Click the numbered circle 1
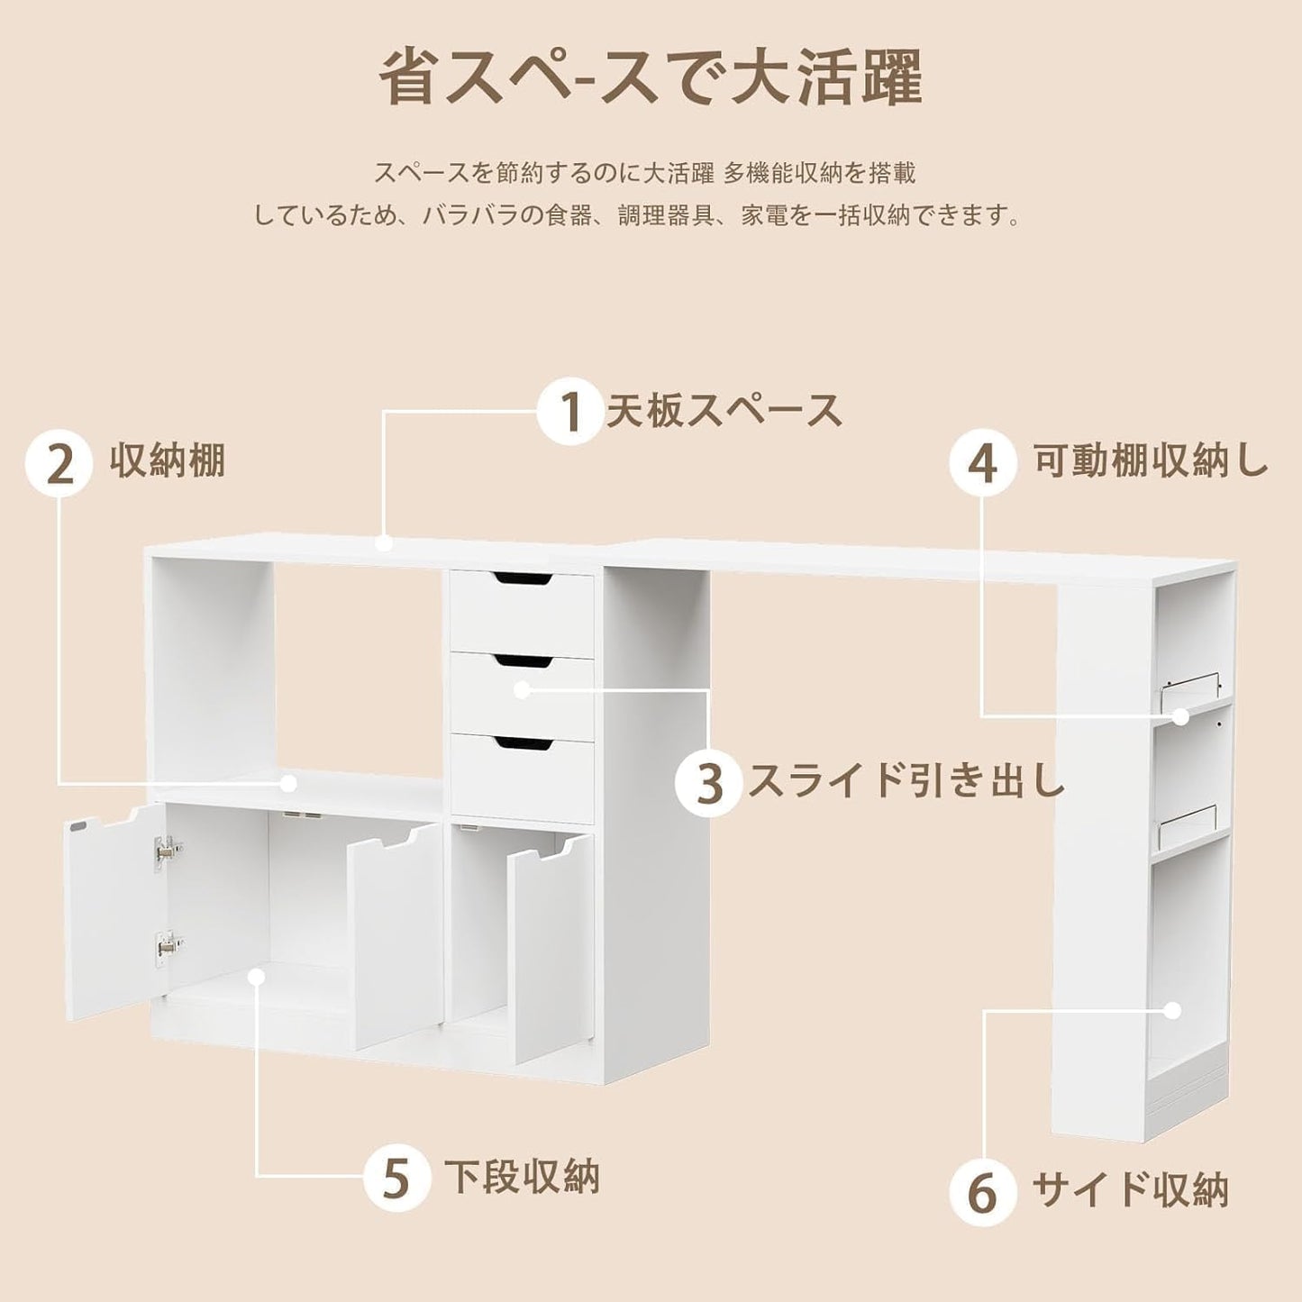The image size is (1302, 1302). point(570,411)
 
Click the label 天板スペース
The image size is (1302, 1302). point(724,409)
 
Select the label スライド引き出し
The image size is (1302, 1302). point(906,782)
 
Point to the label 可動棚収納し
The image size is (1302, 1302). point(1151,463)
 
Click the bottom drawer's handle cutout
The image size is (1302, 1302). point(523,743)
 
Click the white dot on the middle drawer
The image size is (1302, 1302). point(521,689)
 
